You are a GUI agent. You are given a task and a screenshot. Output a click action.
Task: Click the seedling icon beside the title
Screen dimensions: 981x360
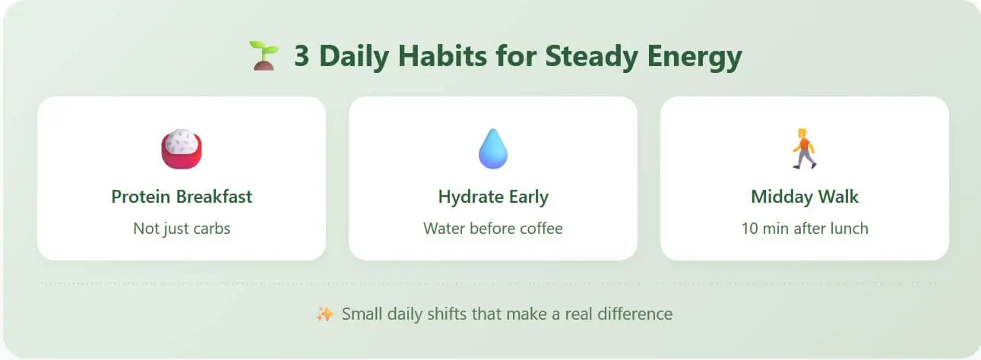pyautogui.click(x=264, y=55)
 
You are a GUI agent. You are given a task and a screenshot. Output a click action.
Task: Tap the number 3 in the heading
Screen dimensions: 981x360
pyautogui.click(x=302, y=56)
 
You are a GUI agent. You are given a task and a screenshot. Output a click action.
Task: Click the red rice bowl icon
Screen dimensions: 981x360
pyautogui.click(x=182, y=149)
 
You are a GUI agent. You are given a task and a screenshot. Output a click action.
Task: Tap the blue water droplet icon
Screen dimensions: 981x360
pyautogui.click(x=493, y=149)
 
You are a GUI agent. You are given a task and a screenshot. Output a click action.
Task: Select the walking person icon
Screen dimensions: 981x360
pyautogui.click(x=805, y=149)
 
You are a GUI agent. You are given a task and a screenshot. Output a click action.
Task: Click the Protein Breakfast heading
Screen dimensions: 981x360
pyautogui.click(x=182, y=197)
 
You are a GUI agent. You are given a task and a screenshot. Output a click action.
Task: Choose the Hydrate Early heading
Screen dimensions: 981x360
pyautogui.click(x=493, y=197)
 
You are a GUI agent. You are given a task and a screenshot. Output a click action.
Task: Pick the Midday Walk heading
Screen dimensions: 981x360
pyautogui.click(x=805, y=197)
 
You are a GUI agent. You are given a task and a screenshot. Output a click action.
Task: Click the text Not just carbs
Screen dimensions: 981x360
pyautogui.click(x=182, y=229)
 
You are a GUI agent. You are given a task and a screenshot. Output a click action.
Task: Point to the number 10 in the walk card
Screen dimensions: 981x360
pyautogui.click(x=749, y=229)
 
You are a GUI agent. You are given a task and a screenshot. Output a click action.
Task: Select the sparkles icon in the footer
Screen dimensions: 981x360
pyautogui.click(x=325, y=314)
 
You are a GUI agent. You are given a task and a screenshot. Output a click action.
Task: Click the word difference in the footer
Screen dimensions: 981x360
pyautogui.click(x=635, y=314)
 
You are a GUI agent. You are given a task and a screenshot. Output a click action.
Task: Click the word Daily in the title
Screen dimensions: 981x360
pyautogui.click(x=354, y=57)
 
